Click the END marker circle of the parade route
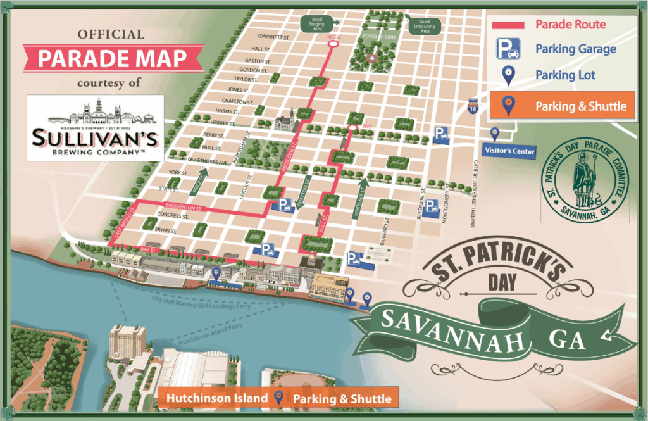352,129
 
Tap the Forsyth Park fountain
372,58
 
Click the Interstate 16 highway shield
473,107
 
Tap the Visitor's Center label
509,151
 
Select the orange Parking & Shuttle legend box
562,106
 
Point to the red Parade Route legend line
508,25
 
